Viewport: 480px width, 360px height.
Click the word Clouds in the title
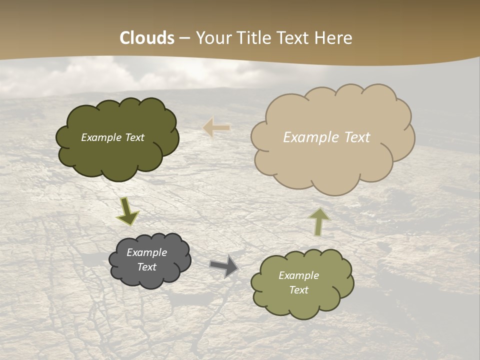(147, 38)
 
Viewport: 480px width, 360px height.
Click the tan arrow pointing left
(216, 128)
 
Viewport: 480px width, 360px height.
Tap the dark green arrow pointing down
(127, 210)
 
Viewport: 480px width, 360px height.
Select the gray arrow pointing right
(224, 266)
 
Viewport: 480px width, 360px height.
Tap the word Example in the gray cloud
(146, 252)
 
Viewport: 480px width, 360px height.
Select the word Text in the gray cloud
(146, 267)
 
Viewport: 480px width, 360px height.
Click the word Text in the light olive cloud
(298, 290)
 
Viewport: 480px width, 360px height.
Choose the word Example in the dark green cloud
(100, 137)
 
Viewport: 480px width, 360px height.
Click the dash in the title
(184, 38)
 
